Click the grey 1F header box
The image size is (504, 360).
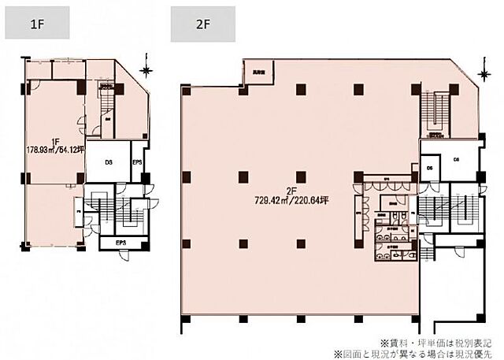38,24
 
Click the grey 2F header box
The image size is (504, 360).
202,24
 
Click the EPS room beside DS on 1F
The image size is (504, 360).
136,164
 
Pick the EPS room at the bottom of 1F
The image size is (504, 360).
121,243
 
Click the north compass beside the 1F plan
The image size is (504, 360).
145,71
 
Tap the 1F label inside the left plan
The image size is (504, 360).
55,143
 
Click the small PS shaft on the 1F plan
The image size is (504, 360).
80,210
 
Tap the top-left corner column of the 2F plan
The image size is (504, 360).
186,88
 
